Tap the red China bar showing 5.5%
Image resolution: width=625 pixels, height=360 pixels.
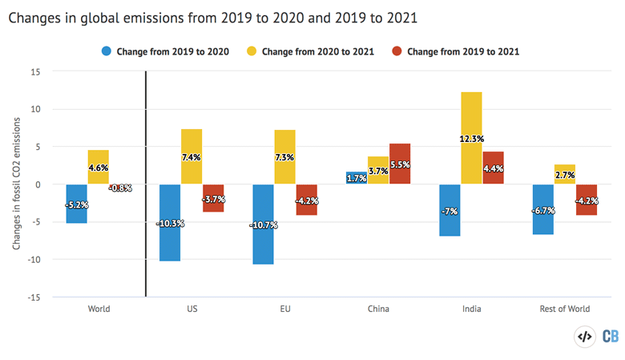pyautogui.click(x=400, y=164)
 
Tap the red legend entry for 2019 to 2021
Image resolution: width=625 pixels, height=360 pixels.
pyautogui.click(x=456, y=51)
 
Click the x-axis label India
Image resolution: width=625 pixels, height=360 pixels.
pyautogui.click(x=472, y=309)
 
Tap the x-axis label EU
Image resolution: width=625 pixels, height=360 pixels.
pyautogui.click(x=284, y=309)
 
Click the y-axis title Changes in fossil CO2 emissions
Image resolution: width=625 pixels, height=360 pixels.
pyautogui.click(x=17, y=184)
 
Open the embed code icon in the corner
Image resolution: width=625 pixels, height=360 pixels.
pyautogui.click(x=585, y=337)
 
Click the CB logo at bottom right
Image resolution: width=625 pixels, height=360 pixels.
pyautogui.click(x=610, y=337)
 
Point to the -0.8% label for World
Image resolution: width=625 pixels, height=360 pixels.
pyautogui.click(x=119, y=188)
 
